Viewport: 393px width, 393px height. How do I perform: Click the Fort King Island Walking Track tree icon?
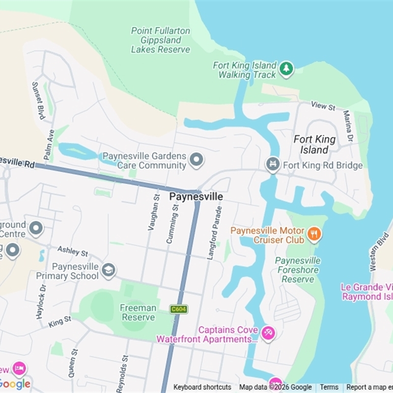click(286, 69)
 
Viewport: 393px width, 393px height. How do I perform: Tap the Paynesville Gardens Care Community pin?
click(196, 160)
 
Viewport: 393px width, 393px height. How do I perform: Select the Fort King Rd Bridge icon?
click(273, 165)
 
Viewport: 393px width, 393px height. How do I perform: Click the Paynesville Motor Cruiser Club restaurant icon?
click(314, 234)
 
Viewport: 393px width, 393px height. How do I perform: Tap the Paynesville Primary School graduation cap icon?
click(108, 269)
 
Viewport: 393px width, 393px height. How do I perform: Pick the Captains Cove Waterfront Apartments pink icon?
click(268, 333)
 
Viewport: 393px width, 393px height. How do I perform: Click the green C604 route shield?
click(178, 309)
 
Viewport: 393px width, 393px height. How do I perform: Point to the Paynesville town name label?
click(196, 196)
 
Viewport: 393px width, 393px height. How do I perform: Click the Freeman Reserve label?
click(138, 312)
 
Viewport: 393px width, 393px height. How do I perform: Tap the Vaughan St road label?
click(153, 212)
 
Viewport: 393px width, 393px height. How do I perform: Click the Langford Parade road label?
click(215, 232)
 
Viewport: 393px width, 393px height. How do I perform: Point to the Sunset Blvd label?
click(38, 100)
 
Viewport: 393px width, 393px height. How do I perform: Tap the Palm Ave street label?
click(49, 144)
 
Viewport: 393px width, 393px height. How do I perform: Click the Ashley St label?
click(73, 251)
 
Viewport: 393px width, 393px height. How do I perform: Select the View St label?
click(323, 106)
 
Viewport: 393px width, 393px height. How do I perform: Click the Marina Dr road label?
click(348, 125)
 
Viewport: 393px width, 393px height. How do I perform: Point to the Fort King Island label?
click(314, 144)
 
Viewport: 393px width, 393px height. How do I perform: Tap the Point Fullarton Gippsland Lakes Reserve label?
click(161, 40)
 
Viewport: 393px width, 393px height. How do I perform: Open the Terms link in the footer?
click(329, 387)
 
